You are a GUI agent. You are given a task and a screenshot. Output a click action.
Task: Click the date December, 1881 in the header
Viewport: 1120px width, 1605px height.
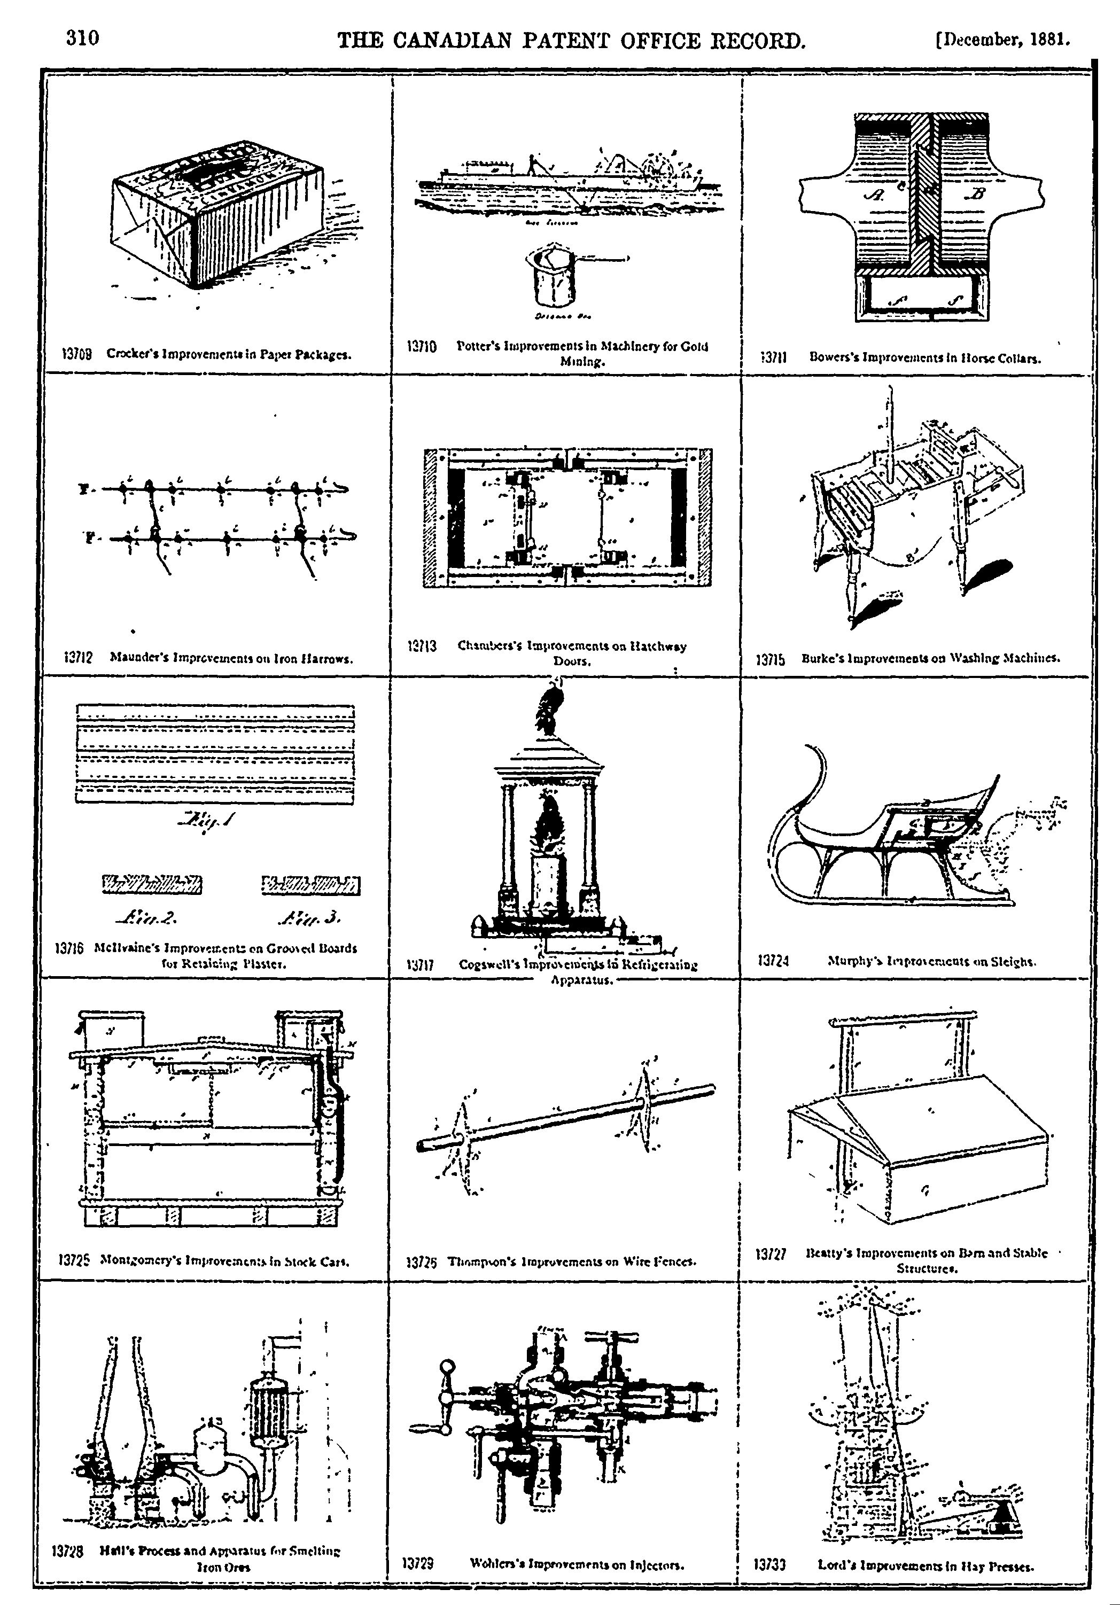click(x=1002, y=40)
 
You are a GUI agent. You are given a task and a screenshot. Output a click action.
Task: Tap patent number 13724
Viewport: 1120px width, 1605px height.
click(x=773, y=961)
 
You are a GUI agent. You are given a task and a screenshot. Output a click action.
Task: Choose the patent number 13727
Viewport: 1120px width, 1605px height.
click(x=771, y=1255)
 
